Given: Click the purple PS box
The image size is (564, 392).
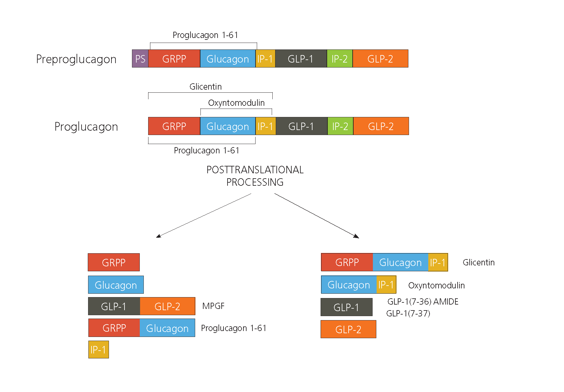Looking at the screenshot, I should [x=140, y=58].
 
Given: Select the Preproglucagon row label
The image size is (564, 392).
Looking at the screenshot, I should [x=76, y=59].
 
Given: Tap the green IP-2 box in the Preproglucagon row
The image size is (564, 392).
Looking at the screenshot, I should [x=340, y=58].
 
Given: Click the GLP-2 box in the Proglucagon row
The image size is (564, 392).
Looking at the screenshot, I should [x=381, y=126].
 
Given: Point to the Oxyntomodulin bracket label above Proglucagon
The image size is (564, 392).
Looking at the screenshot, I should [x=236, y=103].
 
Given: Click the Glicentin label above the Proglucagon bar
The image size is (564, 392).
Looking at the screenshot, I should [x=205, y=86].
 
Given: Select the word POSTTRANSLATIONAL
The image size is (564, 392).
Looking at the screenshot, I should [x=255, y=170].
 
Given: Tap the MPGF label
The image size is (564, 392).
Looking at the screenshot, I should [x=213, y=306].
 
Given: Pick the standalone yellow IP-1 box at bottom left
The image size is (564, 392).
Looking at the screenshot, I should [x=98, y=350].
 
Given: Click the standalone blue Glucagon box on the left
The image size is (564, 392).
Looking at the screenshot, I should [x=116, y=285].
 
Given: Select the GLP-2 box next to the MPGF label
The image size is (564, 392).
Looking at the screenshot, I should [x=167, y=306].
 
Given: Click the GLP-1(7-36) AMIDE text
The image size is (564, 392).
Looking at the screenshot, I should [x=423, y=301].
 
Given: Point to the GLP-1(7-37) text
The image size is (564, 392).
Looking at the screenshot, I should [x=408, y=313].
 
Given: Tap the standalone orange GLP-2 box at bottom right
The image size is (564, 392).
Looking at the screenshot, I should [x=348, y=329].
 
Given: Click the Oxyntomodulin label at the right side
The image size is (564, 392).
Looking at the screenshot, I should [x=436, y=285].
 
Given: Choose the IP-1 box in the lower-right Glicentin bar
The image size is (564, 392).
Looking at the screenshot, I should [x=438, y=262].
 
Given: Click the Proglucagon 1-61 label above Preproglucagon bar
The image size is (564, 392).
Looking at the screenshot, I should [x=205, y=35].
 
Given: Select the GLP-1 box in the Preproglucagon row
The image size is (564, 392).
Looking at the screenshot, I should [x=301, y=58].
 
